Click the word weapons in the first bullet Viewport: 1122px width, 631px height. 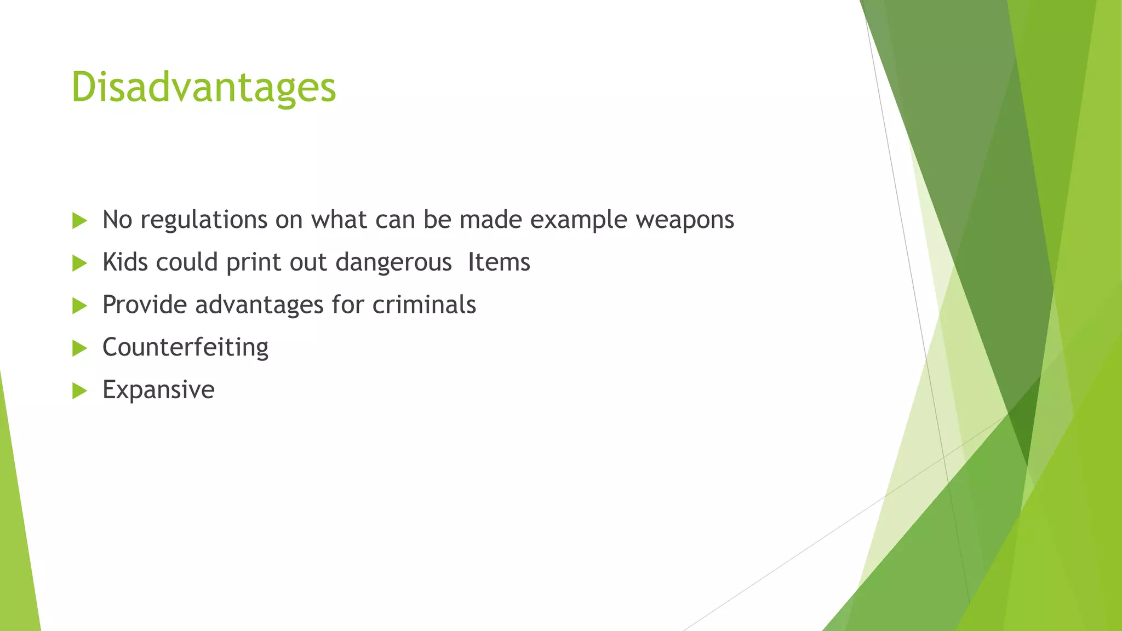point(684,220)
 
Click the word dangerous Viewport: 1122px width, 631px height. point(393,262)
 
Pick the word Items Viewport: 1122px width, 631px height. point(499,262)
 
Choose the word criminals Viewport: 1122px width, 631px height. point(424,305)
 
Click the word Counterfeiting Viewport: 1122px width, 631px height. point(185,347)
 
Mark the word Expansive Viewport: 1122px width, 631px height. point(158,390)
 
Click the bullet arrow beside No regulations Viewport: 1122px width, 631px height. point(79,221)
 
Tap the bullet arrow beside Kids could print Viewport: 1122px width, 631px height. point(79,263)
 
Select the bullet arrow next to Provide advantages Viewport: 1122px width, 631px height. point(79,306)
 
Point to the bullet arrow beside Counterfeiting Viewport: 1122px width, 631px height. point(79,348)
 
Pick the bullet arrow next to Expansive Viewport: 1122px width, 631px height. point(79,391)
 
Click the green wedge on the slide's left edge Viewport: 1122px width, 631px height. point(16,548)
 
